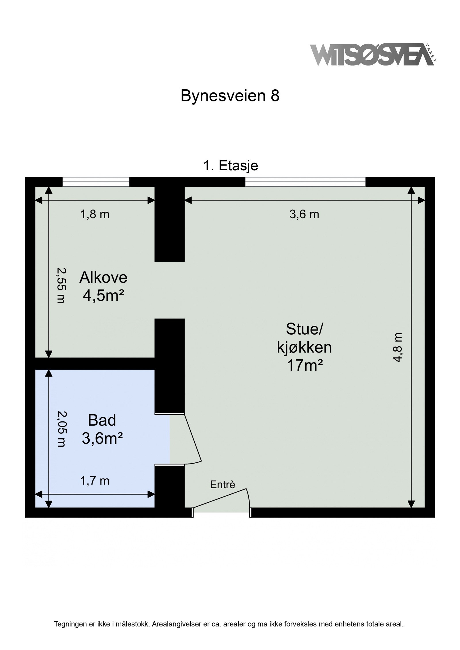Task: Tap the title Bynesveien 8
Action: tap(230, 96)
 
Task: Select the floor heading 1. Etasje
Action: tap(230, 166)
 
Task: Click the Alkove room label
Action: tap(103, 277)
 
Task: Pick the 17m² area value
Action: tap(304, 365)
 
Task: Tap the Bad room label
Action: tap(102, 420)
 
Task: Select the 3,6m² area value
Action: tap(102, 438)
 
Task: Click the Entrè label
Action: tap(223, 485)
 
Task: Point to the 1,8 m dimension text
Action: tap(95, 215)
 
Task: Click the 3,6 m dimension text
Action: tap(304, 215)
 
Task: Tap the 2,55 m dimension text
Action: tap(61, 286)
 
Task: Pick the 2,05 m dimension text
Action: tap(61, 429)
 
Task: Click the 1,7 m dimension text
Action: tap(95, 481)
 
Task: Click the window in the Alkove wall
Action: tap(96, 182)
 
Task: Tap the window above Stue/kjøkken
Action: tap(305, 182)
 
